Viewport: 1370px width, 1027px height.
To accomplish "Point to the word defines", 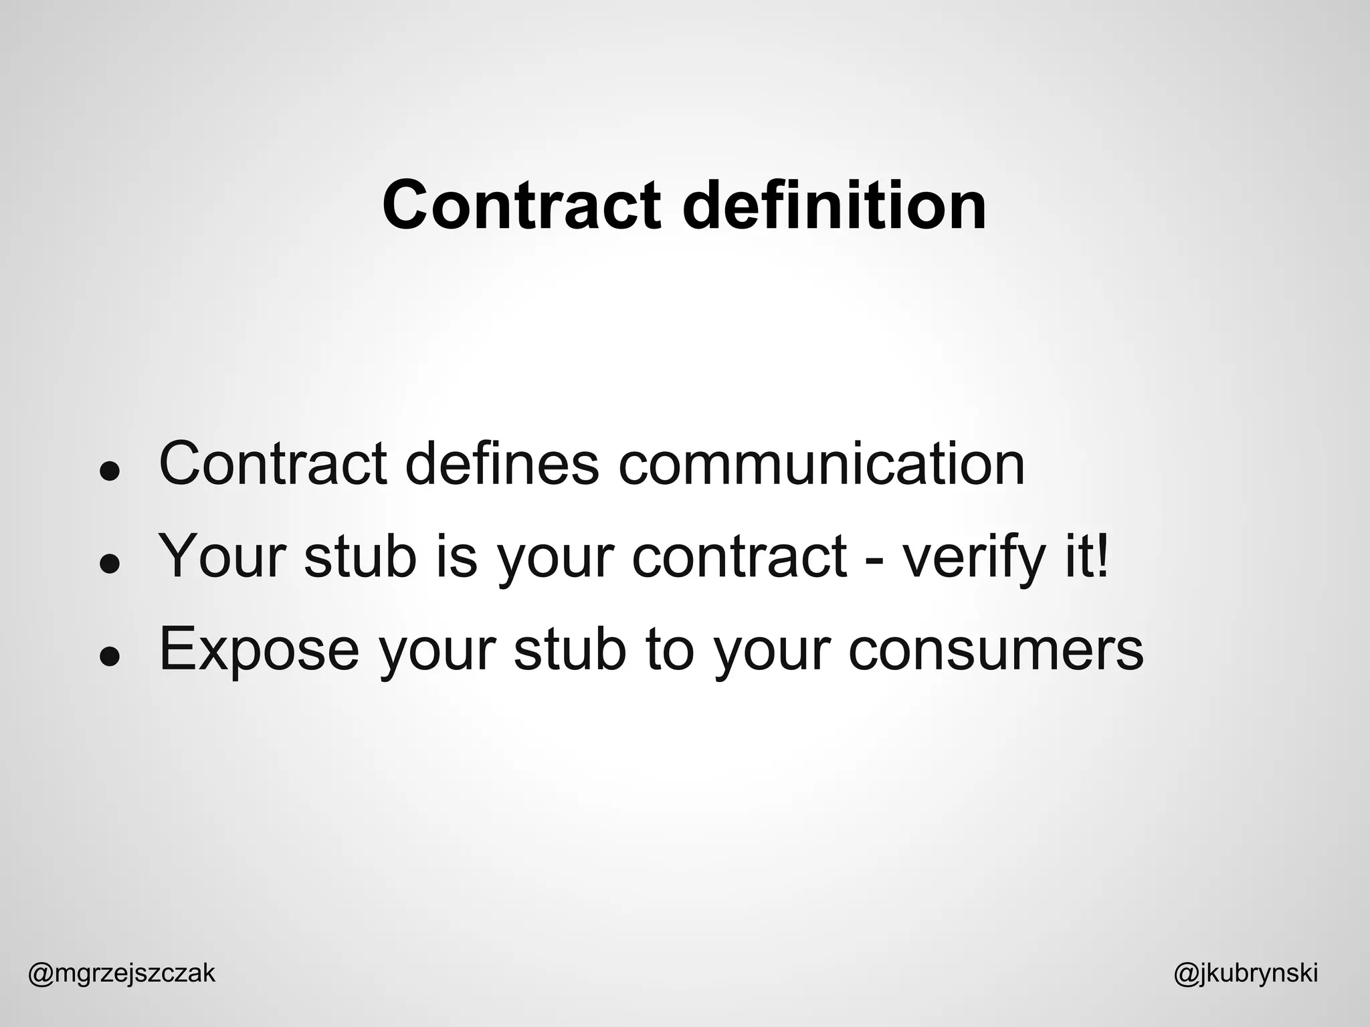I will pyautogui.click(x=502, y=463).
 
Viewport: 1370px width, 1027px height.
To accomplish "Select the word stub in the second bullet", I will pyautogui.click(x=361, y=557).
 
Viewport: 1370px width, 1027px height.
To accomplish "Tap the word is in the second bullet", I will pyautogui.click(x=457, y=557).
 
